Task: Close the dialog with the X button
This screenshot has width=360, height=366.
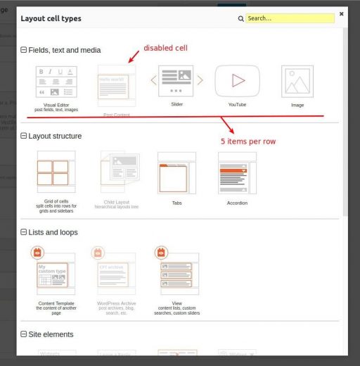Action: tap(341, 13)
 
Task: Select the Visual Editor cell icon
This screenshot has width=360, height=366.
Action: tap(56, 82)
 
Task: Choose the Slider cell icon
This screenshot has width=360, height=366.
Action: tap(176, 81)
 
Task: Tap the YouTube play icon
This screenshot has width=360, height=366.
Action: tap(237, 81)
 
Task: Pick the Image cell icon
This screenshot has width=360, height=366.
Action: tap(297, 82)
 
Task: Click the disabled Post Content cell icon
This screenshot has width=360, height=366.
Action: tap(116, 85)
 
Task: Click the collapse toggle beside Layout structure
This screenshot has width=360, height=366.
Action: tap(24, 136)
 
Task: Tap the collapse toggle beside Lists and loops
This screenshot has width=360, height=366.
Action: tap(24, 232)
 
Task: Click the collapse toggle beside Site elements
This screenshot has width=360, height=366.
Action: tap(24, 334)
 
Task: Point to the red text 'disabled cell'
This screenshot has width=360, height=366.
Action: tap(165, 48)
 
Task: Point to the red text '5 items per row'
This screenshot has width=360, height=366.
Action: tap(247, 141)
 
